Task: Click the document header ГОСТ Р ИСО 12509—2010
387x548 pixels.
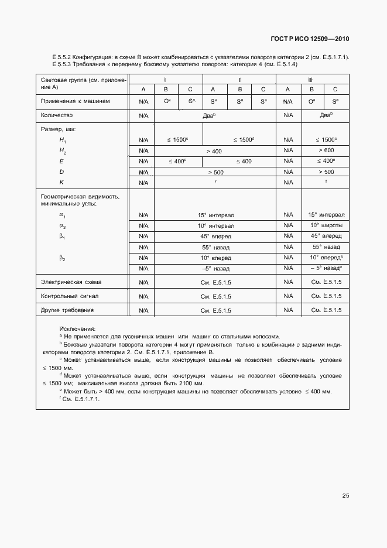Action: coord(310,39)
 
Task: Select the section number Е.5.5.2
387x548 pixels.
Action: coord(63,57)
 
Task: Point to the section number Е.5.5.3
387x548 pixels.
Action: coord(63,64)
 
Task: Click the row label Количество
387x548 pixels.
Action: coord(57,115)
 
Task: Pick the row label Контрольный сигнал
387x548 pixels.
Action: coord(66,296)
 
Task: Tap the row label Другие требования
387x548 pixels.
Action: coord(67,310)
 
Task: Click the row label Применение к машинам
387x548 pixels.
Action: coord(75,101)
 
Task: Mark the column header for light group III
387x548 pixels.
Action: coord(311,79)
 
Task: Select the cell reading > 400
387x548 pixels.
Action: coord(214,151)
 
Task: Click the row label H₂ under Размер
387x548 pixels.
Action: coord(63,151)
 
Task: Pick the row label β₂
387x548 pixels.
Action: coord(62,257)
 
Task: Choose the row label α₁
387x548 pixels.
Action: coord(62,215)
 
